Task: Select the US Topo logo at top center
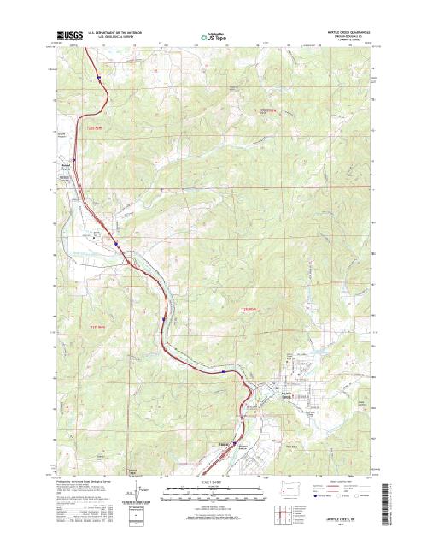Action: [x=213, y=37]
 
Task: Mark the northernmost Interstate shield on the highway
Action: [x=99, y=77]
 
